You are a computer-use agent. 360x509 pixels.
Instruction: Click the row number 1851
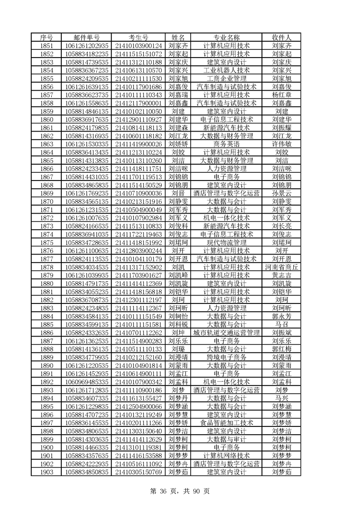47,45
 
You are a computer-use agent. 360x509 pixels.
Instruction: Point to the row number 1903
47,472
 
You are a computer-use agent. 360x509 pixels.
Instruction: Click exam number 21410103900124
138,45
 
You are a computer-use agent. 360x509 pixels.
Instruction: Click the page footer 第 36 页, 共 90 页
180,491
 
